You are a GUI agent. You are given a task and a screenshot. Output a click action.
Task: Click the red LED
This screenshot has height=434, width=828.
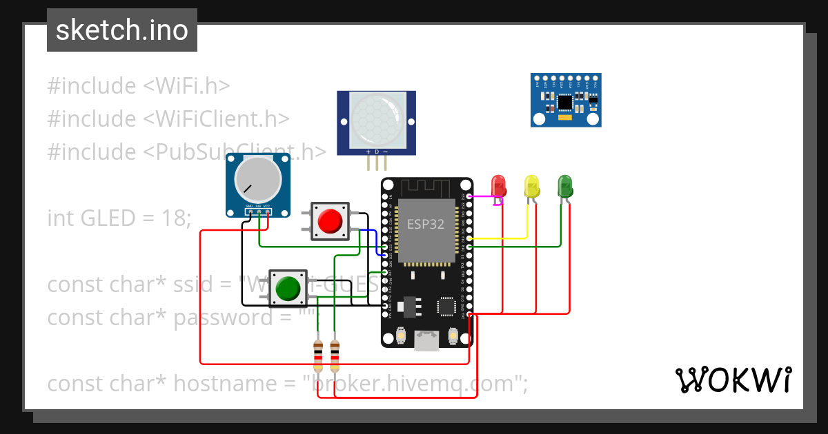[x=498, y=185]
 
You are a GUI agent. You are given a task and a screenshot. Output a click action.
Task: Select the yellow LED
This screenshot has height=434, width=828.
[x=531, y=186]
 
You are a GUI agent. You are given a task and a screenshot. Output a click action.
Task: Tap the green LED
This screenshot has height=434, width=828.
[x=565, y=185]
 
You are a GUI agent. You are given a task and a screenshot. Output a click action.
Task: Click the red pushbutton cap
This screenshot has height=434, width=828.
[x=330, y=221]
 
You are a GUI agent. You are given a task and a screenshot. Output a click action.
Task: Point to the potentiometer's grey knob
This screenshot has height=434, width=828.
[x=257, y=179]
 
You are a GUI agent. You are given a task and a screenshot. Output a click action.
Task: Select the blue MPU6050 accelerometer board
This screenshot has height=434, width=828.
[x=566, y=101]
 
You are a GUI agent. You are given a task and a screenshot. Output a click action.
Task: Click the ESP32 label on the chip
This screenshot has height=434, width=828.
[x=426, y=224]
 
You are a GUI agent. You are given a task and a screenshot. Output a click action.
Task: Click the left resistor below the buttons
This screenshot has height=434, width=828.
[x=318, y=356]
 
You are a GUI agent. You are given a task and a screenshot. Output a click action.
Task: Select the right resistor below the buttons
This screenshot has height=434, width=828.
[x=335, y=356]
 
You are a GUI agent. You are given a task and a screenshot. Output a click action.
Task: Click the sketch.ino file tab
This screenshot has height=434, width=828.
[x=122, y=30]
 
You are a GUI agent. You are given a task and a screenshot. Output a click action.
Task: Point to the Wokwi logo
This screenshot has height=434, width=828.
[x=733, y=380]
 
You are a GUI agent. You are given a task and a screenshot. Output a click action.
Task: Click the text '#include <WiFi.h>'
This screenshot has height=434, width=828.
[x=138, y=86]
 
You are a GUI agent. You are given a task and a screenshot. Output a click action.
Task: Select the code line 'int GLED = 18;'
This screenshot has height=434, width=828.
[x=119, y=218]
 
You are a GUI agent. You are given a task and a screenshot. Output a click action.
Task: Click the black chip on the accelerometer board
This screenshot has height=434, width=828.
[x=565, y=102]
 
